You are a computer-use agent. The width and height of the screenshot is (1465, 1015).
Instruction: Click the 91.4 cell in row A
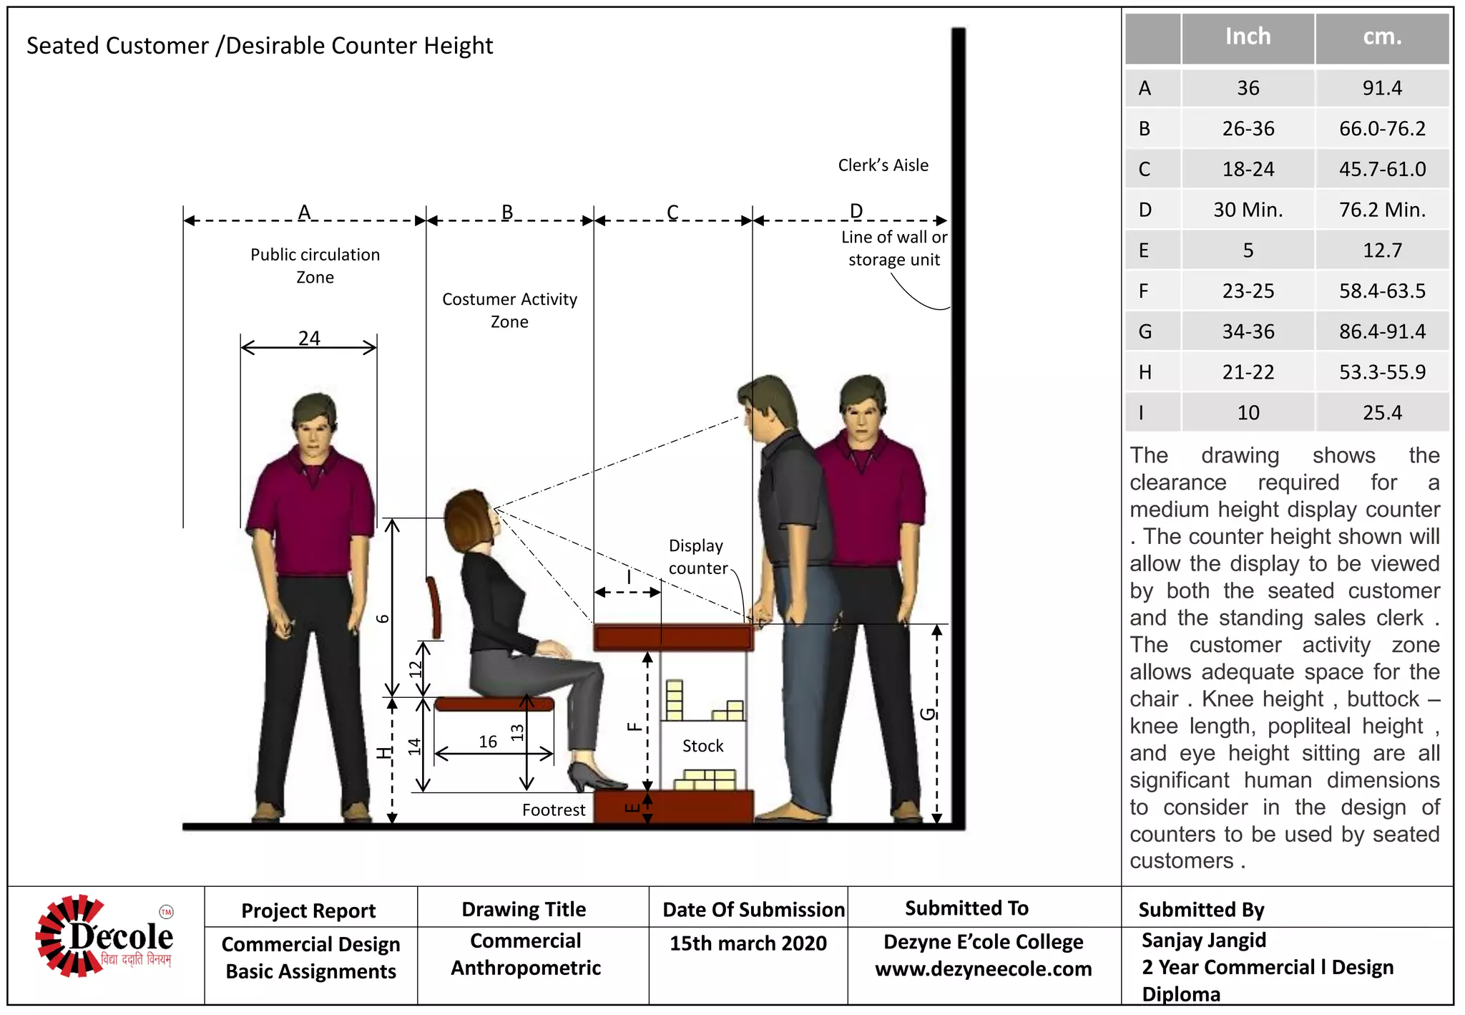(1381, 88)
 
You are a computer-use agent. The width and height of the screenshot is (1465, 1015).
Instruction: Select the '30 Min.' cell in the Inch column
(1248, 210)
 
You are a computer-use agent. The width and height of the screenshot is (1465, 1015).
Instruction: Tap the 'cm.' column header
(1381, 37)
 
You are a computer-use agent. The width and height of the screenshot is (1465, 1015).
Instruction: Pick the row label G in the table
(1145, 331)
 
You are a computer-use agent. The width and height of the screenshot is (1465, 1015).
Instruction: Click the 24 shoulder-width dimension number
(309, 338)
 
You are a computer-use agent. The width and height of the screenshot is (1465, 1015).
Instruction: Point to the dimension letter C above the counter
(672, 212)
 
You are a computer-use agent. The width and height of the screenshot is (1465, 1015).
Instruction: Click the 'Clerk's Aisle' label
(883, 165)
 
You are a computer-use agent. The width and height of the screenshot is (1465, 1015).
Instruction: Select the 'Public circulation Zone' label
(315, 266)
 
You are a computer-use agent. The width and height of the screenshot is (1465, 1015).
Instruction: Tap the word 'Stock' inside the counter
(702, 746)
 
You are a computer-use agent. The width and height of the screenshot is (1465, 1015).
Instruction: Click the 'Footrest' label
(553, 810)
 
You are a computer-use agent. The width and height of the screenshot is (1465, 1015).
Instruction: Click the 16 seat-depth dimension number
(488, 742)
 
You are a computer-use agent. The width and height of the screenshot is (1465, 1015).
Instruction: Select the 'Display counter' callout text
(697, 557)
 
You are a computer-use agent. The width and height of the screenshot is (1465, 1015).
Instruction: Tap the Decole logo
(104, 936)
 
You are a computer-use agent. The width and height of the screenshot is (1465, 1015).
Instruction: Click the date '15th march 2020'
(748, 943)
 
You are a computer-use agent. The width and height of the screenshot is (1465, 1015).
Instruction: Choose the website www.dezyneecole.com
(983, 969)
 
